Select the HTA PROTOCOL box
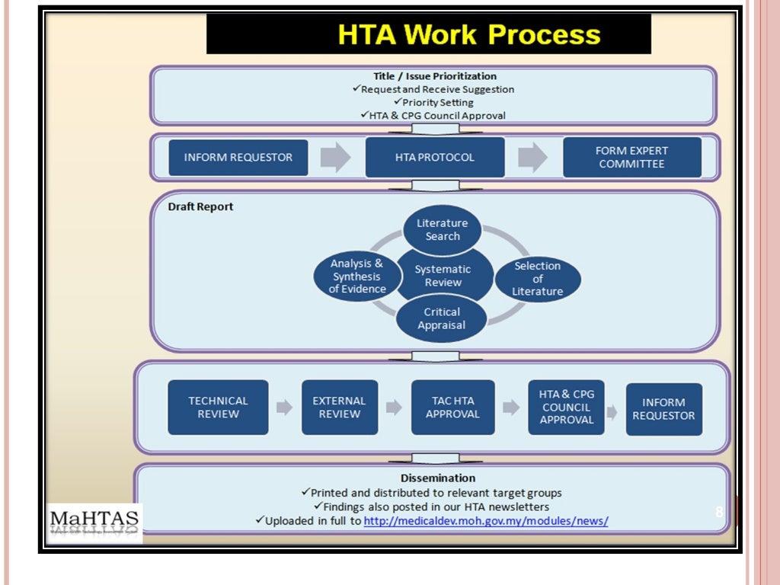[x=435, y=158]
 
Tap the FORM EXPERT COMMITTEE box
[x=631, y=158]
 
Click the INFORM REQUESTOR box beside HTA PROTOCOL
[x=238, y=158]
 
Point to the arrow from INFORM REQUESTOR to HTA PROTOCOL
[x=335, y=158]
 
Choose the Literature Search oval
[x=443, y=229]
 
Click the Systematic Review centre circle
[x=443, y=276]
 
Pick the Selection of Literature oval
[x=538, y=279]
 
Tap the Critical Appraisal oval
[x=442, y=318]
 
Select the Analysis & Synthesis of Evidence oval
[x=356, y=276]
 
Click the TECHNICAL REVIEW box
[x=218, y=408]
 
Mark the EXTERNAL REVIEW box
[x=340, y=408]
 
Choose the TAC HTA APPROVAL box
[x=452, y=408]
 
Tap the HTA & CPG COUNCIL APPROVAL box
[x=566, y=408]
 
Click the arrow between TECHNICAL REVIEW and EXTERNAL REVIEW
[x=284, y=408]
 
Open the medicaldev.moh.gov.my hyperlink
[x=486, y=521]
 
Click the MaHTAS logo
[x=94, y=523]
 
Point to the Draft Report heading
[x=200, y=207]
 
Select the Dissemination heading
[x=433, y=478]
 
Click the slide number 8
[x=719, y=512]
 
